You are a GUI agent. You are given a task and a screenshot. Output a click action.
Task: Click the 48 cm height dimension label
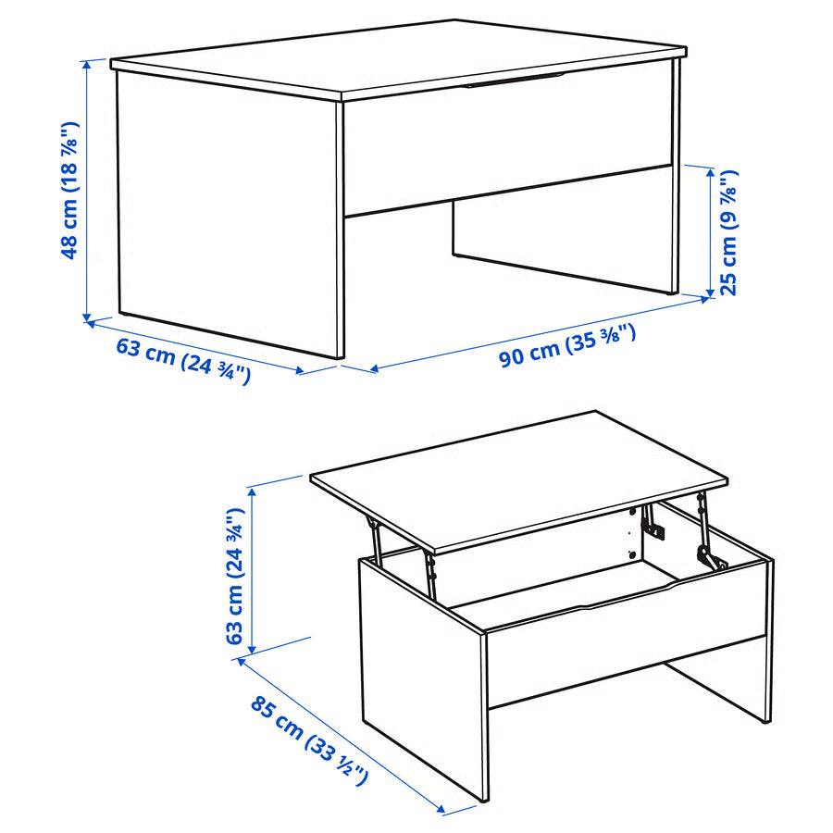point(69,191)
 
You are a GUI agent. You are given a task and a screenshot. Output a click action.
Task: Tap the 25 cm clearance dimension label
point(728,232)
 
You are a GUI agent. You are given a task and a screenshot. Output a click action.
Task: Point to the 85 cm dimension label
point(309,740)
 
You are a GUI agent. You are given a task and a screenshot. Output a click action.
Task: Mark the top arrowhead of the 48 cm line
point(86,64)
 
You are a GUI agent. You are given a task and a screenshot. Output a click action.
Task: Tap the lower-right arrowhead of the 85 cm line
point(445,812)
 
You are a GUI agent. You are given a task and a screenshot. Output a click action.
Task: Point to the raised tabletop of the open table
point(518,477)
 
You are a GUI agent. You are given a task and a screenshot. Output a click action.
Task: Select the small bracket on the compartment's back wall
point(653,530)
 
